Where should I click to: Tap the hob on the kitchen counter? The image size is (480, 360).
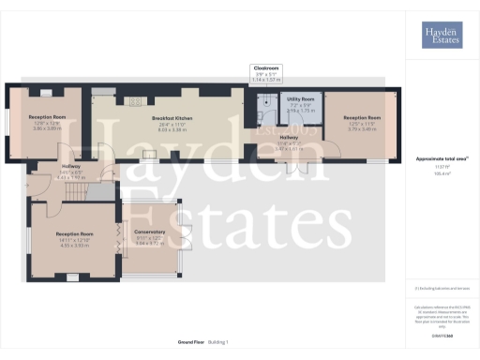click(x=135, y=102)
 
